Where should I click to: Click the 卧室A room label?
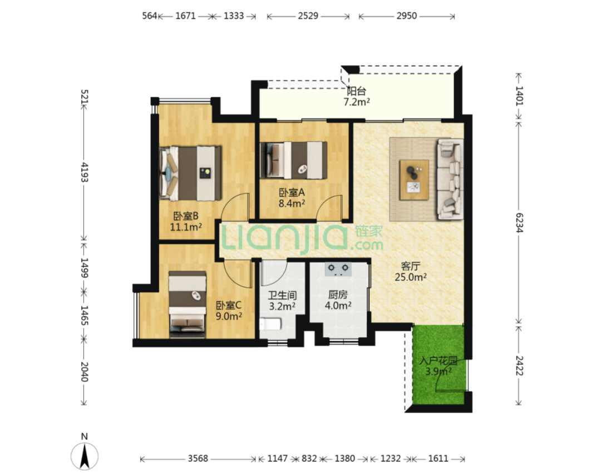[292, 192]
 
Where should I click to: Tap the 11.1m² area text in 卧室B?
[186, 227]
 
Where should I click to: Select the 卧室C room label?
[229, 305]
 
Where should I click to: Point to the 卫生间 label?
[282, 296]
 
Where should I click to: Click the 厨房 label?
[338, 295]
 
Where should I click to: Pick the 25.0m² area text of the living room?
[411, 277]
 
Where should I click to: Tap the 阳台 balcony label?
[357, 91]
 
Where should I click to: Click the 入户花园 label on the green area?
[439, 361]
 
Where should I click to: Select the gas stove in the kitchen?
[338, 268]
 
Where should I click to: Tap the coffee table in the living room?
[414, 180]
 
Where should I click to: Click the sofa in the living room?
[450, 179]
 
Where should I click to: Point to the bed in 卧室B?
[190, 173]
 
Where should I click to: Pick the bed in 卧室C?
[188, 305]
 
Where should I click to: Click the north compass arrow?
[85, 456]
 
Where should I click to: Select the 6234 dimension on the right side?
[519, 223]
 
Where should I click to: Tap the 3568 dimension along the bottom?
[198, 459]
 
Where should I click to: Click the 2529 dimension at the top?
[308, 16]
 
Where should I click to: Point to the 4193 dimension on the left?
[85, 172]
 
